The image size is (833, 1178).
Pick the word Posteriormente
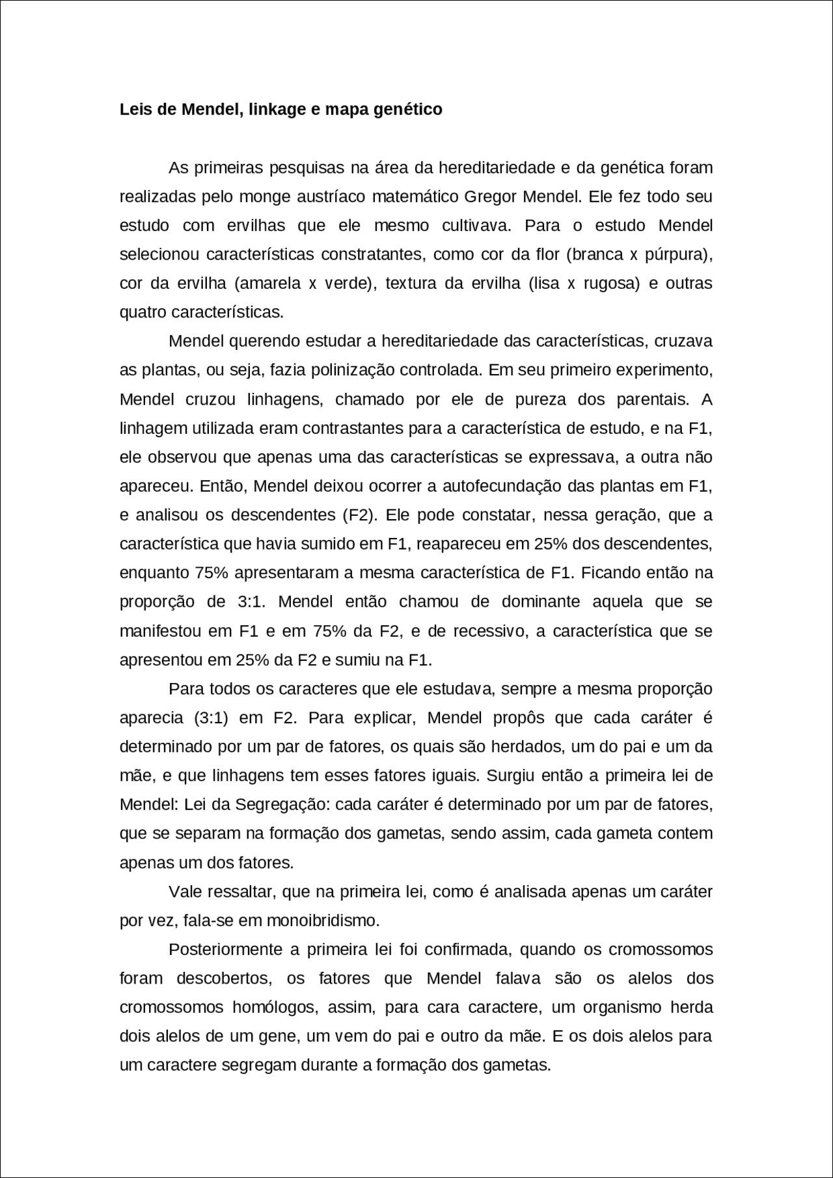click(225, 950)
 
